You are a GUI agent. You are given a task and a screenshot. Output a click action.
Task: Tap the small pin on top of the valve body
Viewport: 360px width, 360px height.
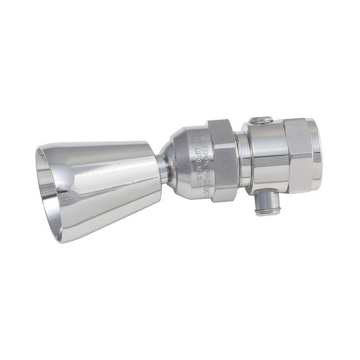261,120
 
